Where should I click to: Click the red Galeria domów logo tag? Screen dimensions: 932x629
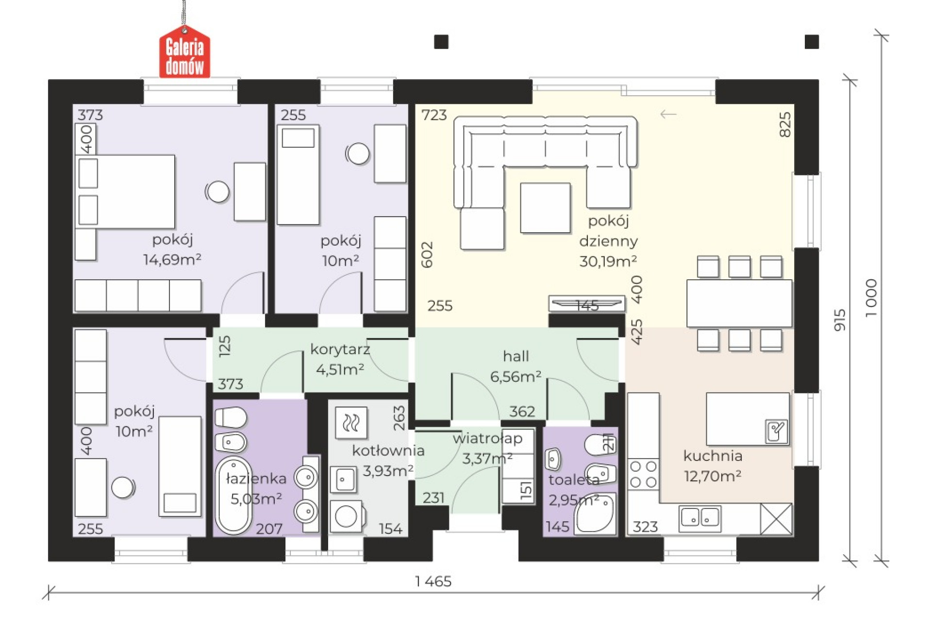pyautogui.click(x=184, y=52)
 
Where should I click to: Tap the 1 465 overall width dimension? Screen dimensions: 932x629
pyautogui.click(x=433, y=581)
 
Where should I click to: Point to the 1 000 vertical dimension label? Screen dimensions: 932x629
pyautogui.click(x=871, y=298)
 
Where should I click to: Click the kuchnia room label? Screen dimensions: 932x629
pyautogui.click(x=713, y=456)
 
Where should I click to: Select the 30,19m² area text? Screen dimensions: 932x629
pyautogui.click(x=608, y=261)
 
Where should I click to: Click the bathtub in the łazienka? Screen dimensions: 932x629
pyautogui.click(x=233, y=495)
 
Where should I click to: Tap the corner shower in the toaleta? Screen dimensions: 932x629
pyautogui.click(x=595, y=514)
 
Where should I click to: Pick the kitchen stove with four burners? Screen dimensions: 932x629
pyautogui.click(x=643, y=474)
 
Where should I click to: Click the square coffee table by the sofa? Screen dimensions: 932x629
pyautogui.click(x=545, y=208)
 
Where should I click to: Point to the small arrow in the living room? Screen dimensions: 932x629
pyautogui.click(x=668, y=114)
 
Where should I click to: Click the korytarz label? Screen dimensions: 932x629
pyautogui.click(x=340, y=349)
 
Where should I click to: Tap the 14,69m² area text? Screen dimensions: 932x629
pyautogui.click(x=172, y=259)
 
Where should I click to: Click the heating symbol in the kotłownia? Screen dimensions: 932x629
pyautogui.click(x=351, y=423)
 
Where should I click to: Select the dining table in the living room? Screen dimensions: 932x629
pyautogui.click(x=739, y=303)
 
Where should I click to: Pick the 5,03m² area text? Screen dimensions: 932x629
pyautogui.click(x=256, y=499)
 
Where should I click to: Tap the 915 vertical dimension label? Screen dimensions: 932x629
pyautogui.click(x=840, y=320)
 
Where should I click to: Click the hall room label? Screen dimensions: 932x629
pyautogui.click(x=516, y=356)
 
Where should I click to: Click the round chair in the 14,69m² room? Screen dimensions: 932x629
pyautogui.click(x=217, y=191)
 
